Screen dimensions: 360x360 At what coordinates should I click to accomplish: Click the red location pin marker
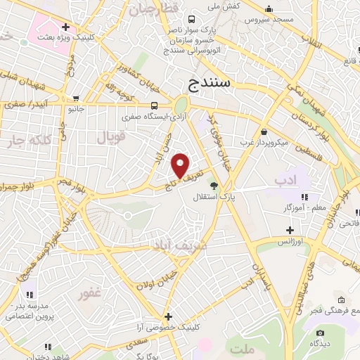point(181,165)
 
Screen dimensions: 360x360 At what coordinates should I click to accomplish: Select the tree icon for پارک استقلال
point(214,186)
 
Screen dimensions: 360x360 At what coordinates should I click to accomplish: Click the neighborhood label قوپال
point(111,136)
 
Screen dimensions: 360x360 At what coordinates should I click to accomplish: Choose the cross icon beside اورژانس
point(290,230)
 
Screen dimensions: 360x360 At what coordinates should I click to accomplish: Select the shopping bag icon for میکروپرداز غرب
point(263,131)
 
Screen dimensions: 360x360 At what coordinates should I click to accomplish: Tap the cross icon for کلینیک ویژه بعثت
point(65,27)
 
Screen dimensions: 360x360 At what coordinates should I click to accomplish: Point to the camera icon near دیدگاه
point(321,333)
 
